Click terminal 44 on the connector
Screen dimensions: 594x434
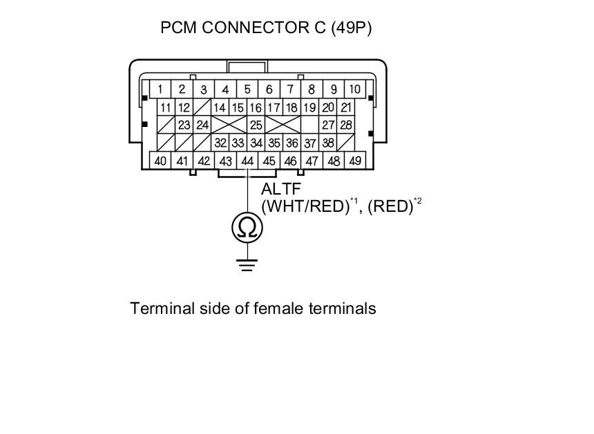[247, 161]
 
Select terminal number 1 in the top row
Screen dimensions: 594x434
[160, 89]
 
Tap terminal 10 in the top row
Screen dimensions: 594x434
[354, 89]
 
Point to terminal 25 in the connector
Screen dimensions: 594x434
[256, 125]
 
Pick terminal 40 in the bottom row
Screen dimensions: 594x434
[160, 161]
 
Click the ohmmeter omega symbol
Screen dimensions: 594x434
[247, 227]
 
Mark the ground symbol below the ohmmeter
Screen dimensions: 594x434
[247, 264]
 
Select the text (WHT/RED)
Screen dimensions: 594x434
[304, 206]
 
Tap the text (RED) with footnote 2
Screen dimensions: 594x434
[390, 206]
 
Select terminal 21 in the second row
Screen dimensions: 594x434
[347, 107]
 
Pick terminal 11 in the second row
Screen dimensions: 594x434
[166, 107]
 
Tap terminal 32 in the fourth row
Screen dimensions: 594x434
[220, 143]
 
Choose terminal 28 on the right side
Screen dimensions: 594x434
[347, 125]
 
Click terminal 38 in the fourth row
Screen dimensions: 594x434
[329, 143]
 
